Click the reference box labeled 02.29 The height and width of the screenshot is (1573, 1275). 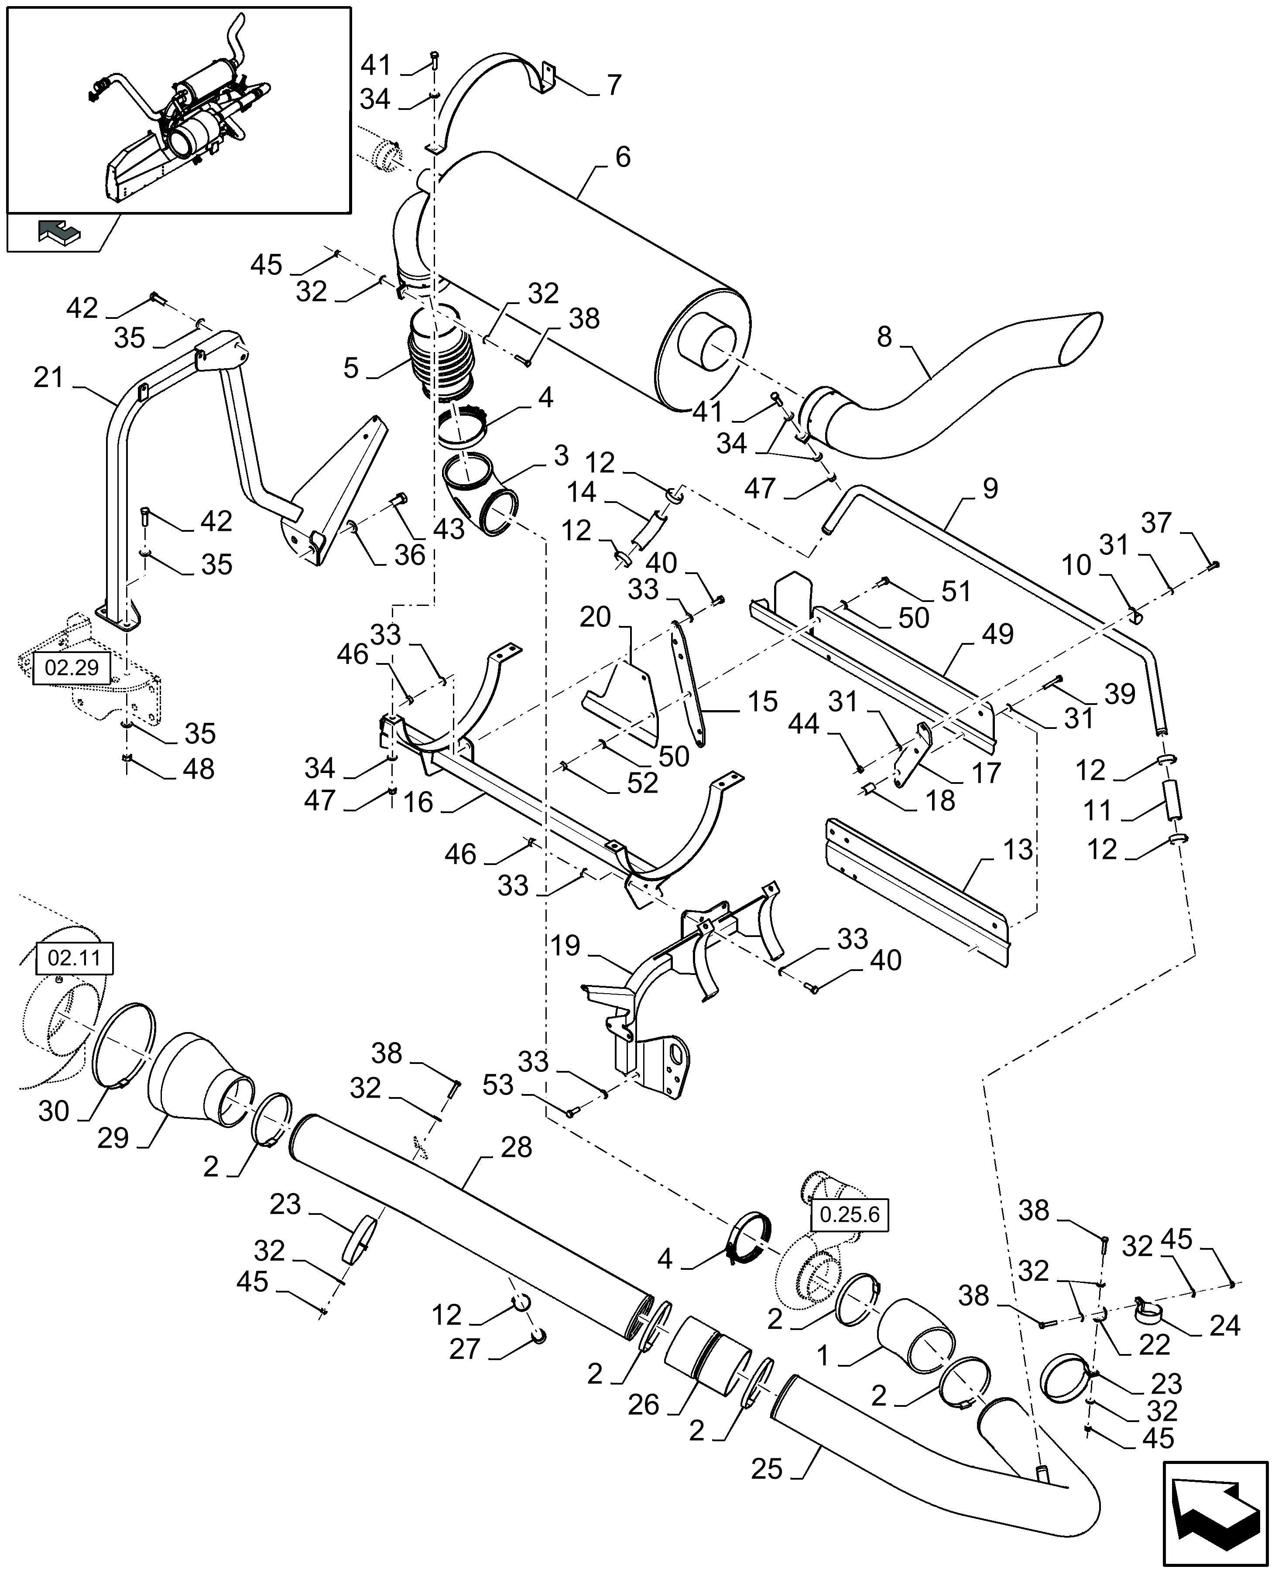[71, 668]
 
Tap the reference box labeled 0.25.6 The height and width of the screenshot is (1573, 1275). [849, 1214]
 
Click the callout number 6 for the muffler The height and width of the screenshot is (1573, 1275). [622, 157]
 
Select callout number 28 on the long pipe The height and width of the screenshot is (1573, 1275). [516, 1147]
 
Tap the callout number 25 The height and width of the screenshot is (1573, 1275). [766, 1469]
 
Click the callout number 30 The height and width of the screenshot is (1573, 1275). [54, 1111]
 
